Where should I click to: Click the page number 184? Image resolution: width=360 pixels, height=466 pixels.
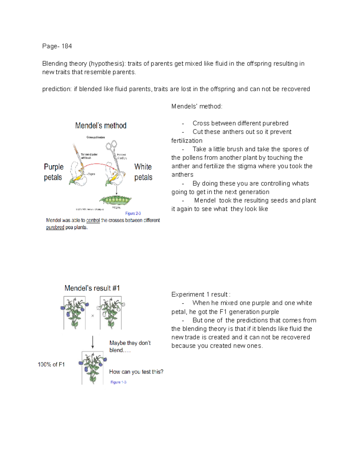point(66,46)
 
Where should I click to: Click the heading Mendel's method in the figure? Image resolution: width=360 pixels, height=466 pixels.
point(100,125)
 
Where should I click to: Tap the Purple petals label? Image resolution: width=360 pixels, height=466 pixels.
point(53,172)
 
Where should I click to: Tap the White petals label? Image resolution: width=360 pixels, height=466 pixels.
point(143,172)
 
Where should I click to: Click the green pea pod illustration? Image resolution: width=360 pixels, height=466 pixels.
point(115,200)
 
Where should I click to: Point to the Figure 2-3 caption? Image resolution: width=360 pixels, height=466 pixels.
point(133,213)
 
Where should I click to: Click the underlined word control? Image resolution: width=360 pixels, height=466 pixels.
point(93,220)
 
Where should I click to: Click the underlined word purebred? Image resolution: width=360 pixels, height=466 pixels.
point(55,227)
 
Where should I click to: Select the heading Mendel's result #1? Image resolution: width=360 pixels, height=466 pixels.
point(92,288)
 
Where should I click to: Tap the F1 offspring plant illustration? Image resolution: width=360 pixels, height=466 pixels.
point(92,368)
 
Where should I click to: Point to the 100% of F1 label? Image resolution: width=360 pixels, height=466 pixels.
point(51,364)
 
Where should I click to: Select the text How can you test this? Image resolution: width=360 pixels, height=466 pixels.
point(136,372)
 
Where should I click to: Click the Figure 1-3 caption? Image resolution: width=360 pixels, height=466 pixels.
point(118,382)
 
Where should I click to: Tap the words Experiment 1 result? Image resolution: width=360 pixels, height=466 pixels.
point(199,294)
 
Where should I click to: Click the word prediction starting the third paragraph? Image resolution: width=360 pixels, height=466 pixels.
point(56,89)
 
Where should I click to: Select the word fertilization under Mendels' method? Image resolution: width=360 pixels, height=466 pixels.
point(187,141)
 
